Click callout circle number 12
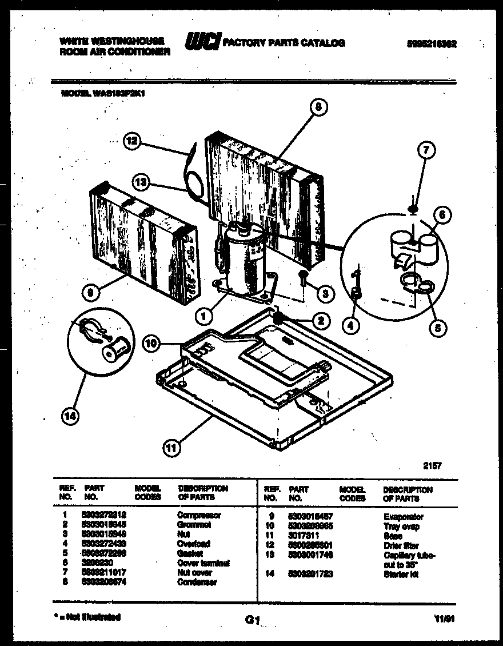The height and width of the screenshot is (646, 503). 132,141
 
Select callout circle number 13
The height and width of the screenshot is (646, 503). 140,182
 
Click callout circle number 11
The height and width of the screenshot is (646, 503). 170,448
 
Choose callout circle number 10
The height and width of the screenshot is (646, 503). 150,344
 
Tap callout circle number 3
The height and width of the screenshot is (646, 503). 325,294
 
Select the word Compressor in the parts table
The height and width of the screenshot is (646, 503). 199,515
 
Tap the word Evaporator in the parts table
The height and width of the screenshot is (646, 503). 404,517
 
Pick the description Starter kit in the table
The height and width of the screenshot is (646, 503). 401,574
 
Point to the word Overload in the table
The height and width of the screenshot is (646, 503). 194,544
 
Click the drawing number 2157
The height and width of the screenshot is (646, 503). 432,466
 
